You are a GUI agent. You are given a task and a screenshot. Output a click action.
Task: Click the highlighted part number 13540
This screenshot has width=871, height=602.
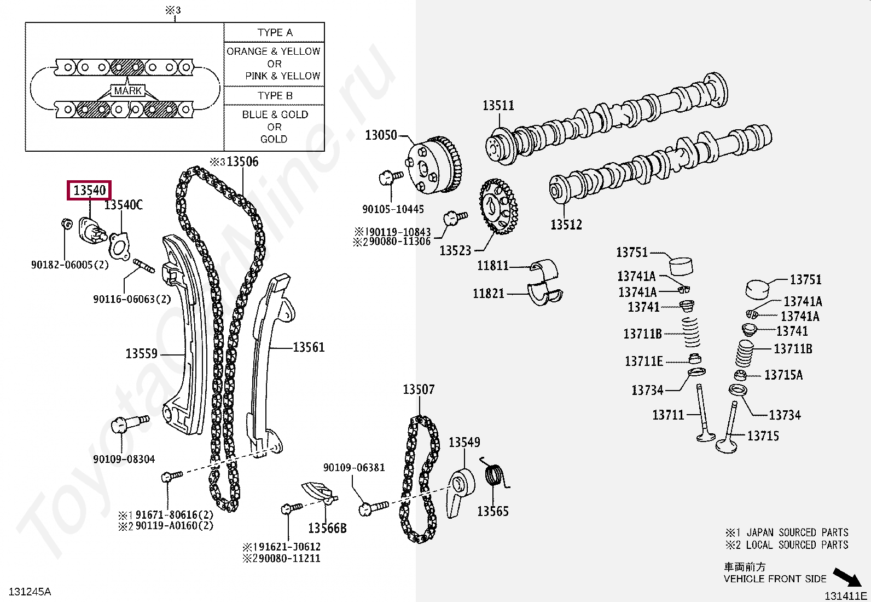click(89, 190)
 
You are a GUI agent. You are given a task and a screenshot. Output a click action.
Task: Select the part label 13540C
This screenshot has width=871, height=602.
click(124, 205)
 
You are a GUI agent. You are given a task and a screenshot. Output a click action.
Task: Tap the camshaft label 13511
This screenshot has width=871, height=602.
click(498, 105)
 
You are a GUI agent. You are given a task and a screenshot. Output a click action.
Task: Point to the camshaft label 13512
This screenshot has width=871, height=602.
click(566, 224)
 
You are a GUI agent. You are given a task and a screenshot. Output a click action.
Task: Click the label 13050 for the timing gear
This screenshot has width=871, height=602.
click(381, 134)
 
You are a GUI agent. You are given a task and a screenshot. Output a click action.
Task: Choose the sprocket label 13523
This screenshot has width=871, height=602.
click(455, 250)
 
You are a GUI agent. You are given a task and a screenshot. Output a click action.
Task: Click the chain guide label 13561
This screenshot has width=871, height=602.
click(309, 347)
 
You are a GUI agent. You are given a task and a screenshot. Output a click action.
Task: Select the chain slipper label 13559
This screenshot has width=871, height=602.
click(141, 353)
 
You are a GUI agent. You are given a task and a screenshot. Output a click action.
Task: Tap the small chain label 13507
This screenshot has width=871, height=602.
click(419, 389)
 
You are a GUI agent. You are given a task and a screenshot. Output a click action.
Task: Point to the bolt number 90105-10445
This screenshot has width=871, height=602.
click(393, 209)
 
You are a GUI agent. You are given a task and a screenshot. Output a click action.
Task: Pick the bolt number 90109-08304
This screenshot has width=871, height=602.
click(124, 459)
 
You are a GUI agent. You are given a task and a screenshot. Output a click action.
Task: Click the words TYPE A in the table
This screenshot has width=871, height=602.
click(275, 32)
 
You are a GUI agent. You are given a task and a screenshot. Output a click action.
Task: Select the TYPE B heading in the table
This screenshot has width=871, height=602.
click(275, 95)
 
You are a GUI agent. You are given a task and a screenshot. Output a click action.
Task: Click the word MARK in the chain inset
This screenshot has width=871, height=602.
click(128, 91)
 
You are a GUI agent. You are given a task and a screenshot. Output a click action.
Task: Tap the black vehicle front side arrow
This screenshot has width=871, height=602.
click(847, 577)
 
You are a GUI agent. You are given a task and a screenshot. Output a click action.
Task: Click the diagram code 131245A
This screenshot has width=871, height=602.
click(31, 592)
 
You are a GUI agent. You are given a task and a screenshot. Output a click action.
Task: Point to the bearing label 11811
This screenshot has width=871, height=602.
click(492, 266)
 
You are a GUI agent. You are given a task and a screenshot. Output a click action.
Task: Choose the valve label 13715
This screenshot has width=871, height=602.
click(763, 436)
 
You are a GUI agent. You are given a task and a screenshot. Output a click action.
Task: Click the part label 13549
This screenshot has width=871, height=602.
click(464, 442)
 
